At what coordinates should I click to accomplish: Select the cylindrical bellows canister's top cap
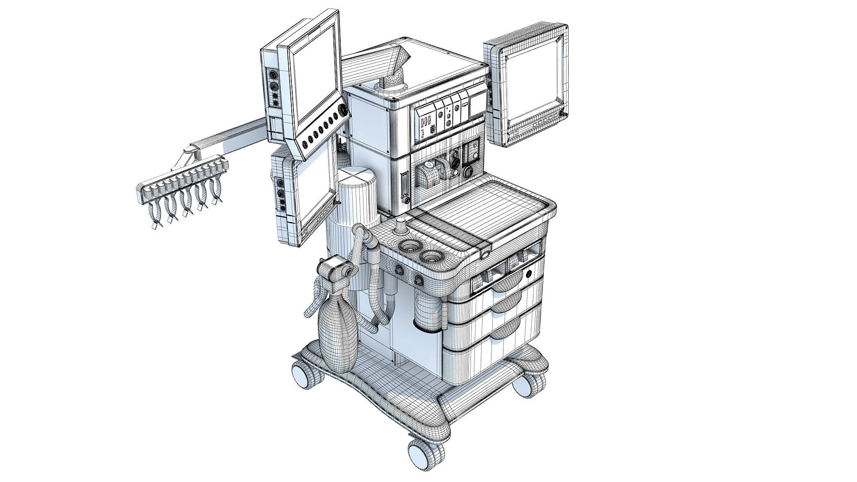[x=357, y=177]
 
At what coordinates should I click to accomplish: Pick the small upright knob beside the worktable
[x=401, y=225]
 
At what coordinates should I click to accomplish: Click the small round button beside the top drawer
[x=529, y=273]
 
